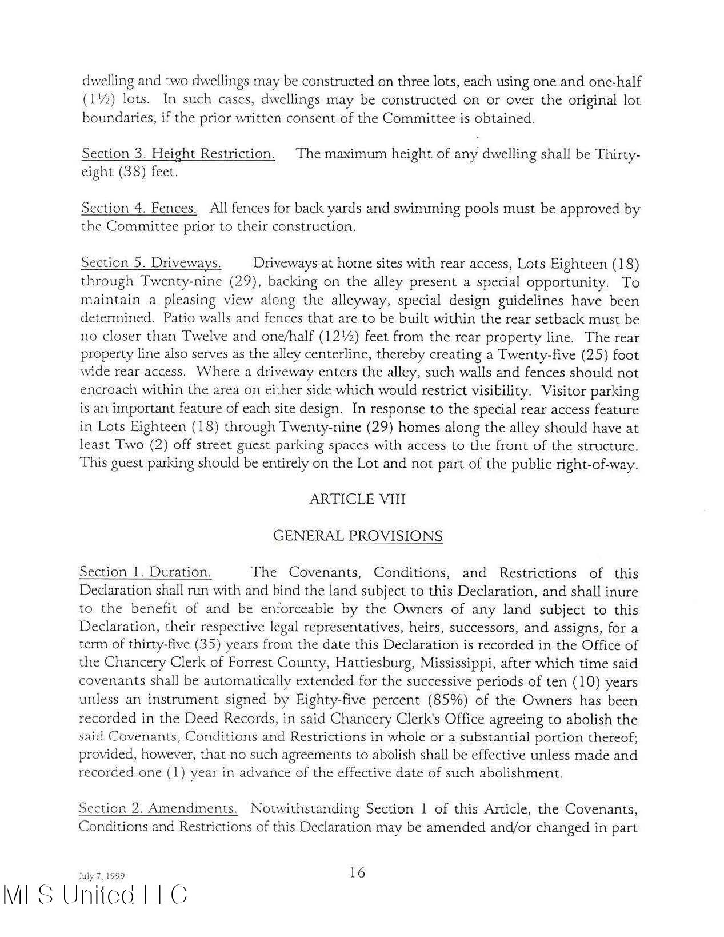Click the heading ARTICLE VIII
point(357,499)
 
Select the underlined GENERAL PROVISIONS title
point(358,536)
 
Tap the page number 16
point(357,872)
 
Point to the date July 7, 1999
point(101,876)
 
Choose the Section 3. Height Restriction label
point(178,154)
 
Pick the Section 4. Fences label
point(139,208)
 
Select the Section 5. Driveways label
point(151,263)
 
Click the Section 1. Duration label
point(146,572)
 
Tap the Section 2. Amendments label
point(158,808)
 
